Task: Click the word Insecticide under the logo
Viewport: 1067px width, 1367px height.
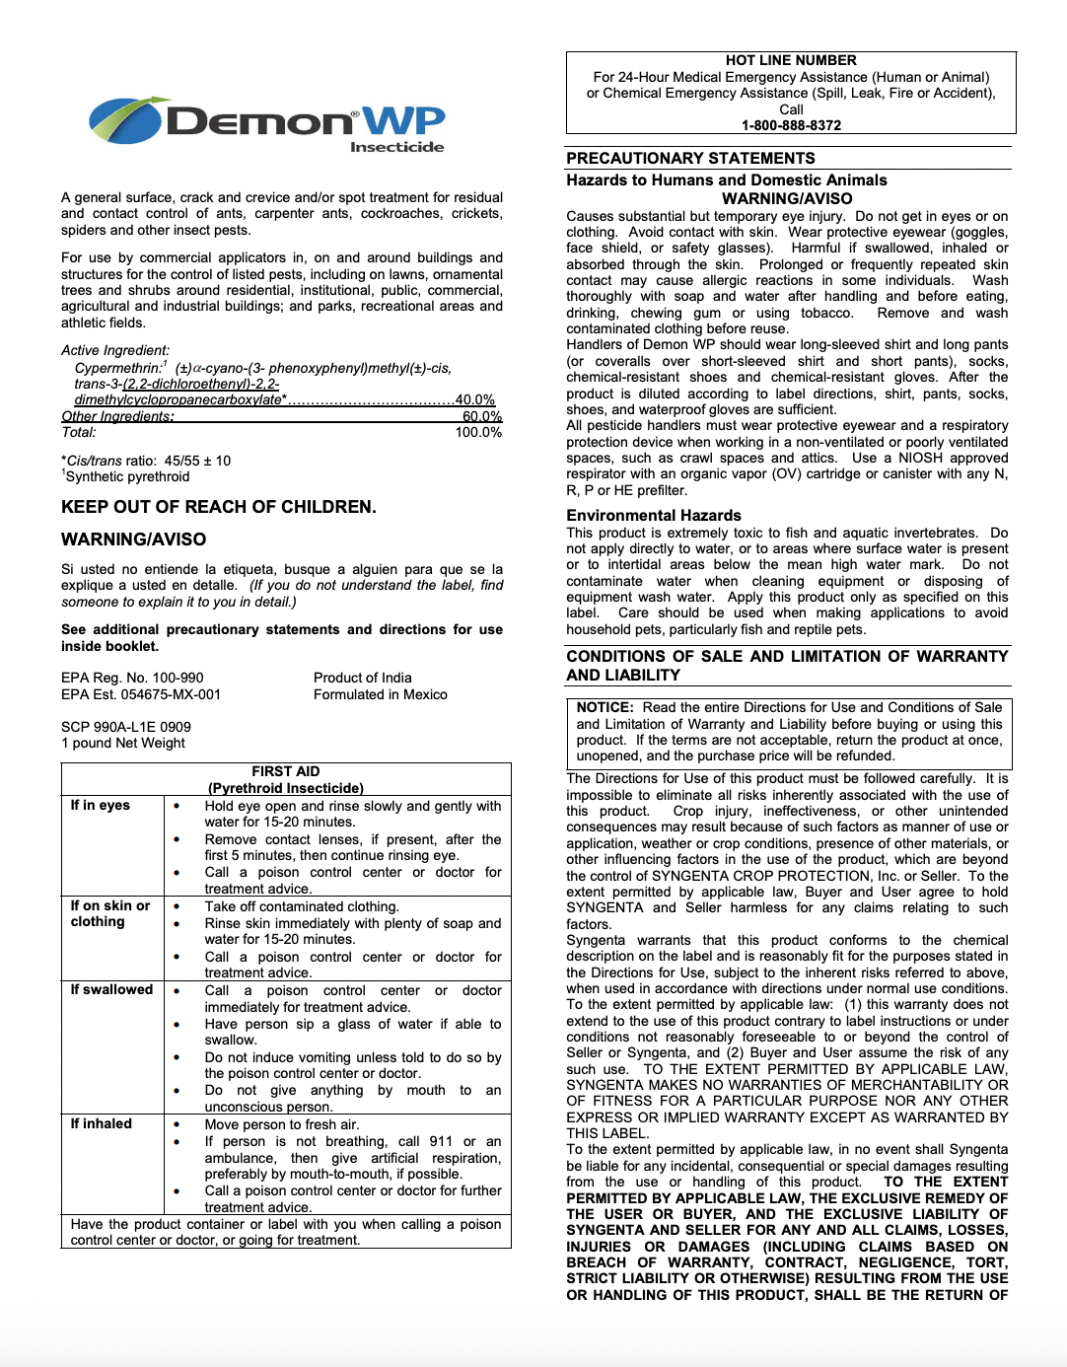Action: [396, 147]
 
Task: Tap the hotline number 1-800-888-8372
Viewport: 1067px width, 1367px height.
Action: [791, 125]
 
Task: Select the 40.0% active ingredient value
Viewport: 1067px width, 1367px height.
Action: [474, 399]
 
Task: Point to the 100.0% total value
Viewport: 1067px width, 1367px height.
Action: [478, 432]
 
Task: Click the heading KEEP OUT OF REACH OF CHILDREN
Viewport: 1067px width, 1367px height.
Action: [219, 507]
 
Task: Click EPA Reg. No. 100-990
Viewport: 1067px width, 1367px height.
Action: [132, 678]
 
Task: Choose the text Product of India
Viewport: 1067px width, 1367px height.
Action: [362, 678]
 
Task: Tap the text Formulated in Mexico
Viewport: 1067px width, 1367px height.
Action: [380, 694]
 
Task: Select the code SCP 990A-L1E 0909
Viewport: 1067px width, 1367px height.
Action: [126, 727]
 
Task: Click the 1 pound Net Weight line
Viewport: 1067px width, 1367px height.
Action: [123, 743]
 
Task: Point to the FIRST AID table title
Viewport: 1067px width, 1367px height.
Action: [285, 771]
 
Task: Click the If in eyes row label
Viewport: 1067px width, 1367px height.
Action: [100, 805]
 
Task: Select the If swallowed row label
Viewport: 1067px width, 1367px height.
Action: [111, 989]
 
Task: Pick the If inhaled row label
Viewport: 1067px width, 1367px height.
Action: [101, 1123]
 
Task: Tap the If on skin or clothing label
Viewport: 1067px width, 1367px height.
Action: [109, 913]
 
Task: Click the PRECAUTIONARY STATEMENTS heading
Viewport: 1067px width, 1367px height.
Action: [690, 158]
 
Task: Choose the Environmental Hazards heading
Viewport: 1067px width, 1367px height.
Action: [653, 515]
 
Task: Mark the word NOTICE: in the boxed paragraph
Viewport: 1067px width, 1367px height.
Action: [605, 707]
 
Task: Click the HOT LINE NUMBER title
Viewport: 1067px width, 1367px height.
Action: [791, 60]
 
